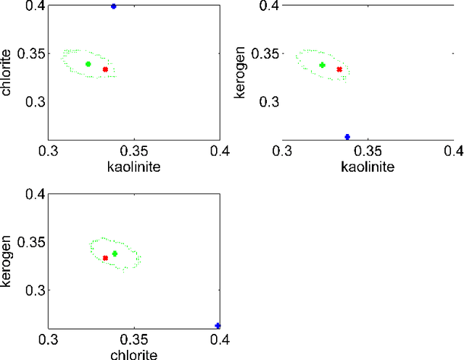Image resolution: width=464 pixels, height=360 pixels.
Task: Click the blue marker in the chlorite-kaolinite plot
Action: click(113, 6)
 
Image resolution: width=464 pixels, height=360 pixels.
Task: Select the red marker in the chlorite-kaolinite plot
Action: click(105, 70)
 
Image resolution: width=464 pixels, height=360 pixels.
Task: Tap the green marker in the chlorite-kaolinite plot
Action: click(88, 64)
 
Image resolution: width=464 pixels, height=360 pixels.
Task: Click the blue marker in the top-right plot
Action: click(347, 137)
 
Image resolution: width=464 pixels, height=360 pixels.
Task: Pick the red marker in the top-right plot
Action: click(339, 70)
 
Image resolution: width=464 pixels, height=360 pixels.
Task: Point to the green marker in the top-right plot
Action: click(323, 65)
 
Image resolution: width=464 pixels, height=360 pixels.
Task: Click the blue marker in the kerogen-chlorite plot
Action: click(217, 326)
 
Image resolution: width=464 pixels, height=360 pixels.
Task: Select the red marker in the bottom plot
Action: click(105, 258)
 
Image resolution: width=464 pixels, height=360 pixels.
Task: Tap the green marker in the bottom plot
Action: click(115, 254)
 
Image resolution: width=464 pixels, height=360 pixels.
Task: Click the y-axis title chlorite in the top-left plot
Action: click(7, 72)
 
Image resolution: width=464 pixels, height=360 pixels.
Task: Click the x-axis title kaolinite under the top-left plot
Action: click(134, 167)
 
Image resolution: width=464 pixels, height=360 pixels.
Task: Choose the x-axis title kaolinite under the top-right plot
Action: click(368, 167)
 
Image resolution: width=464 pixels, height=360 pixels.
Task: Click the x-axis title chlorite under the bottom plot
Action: click(134, 354)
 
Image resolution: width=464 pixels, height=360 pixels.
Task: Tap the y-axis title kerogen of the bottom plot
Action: click(7, 261)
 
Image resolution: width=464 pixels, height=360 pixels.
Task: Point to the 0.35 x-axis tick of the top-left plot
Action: click(134, 151)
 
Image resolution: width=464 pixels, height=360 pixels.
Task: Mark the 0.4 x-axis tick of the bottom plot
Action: click(220, 339)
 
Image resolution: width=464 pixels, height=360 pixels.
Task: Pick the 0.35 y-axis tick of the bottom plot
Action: click(30, 242)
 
